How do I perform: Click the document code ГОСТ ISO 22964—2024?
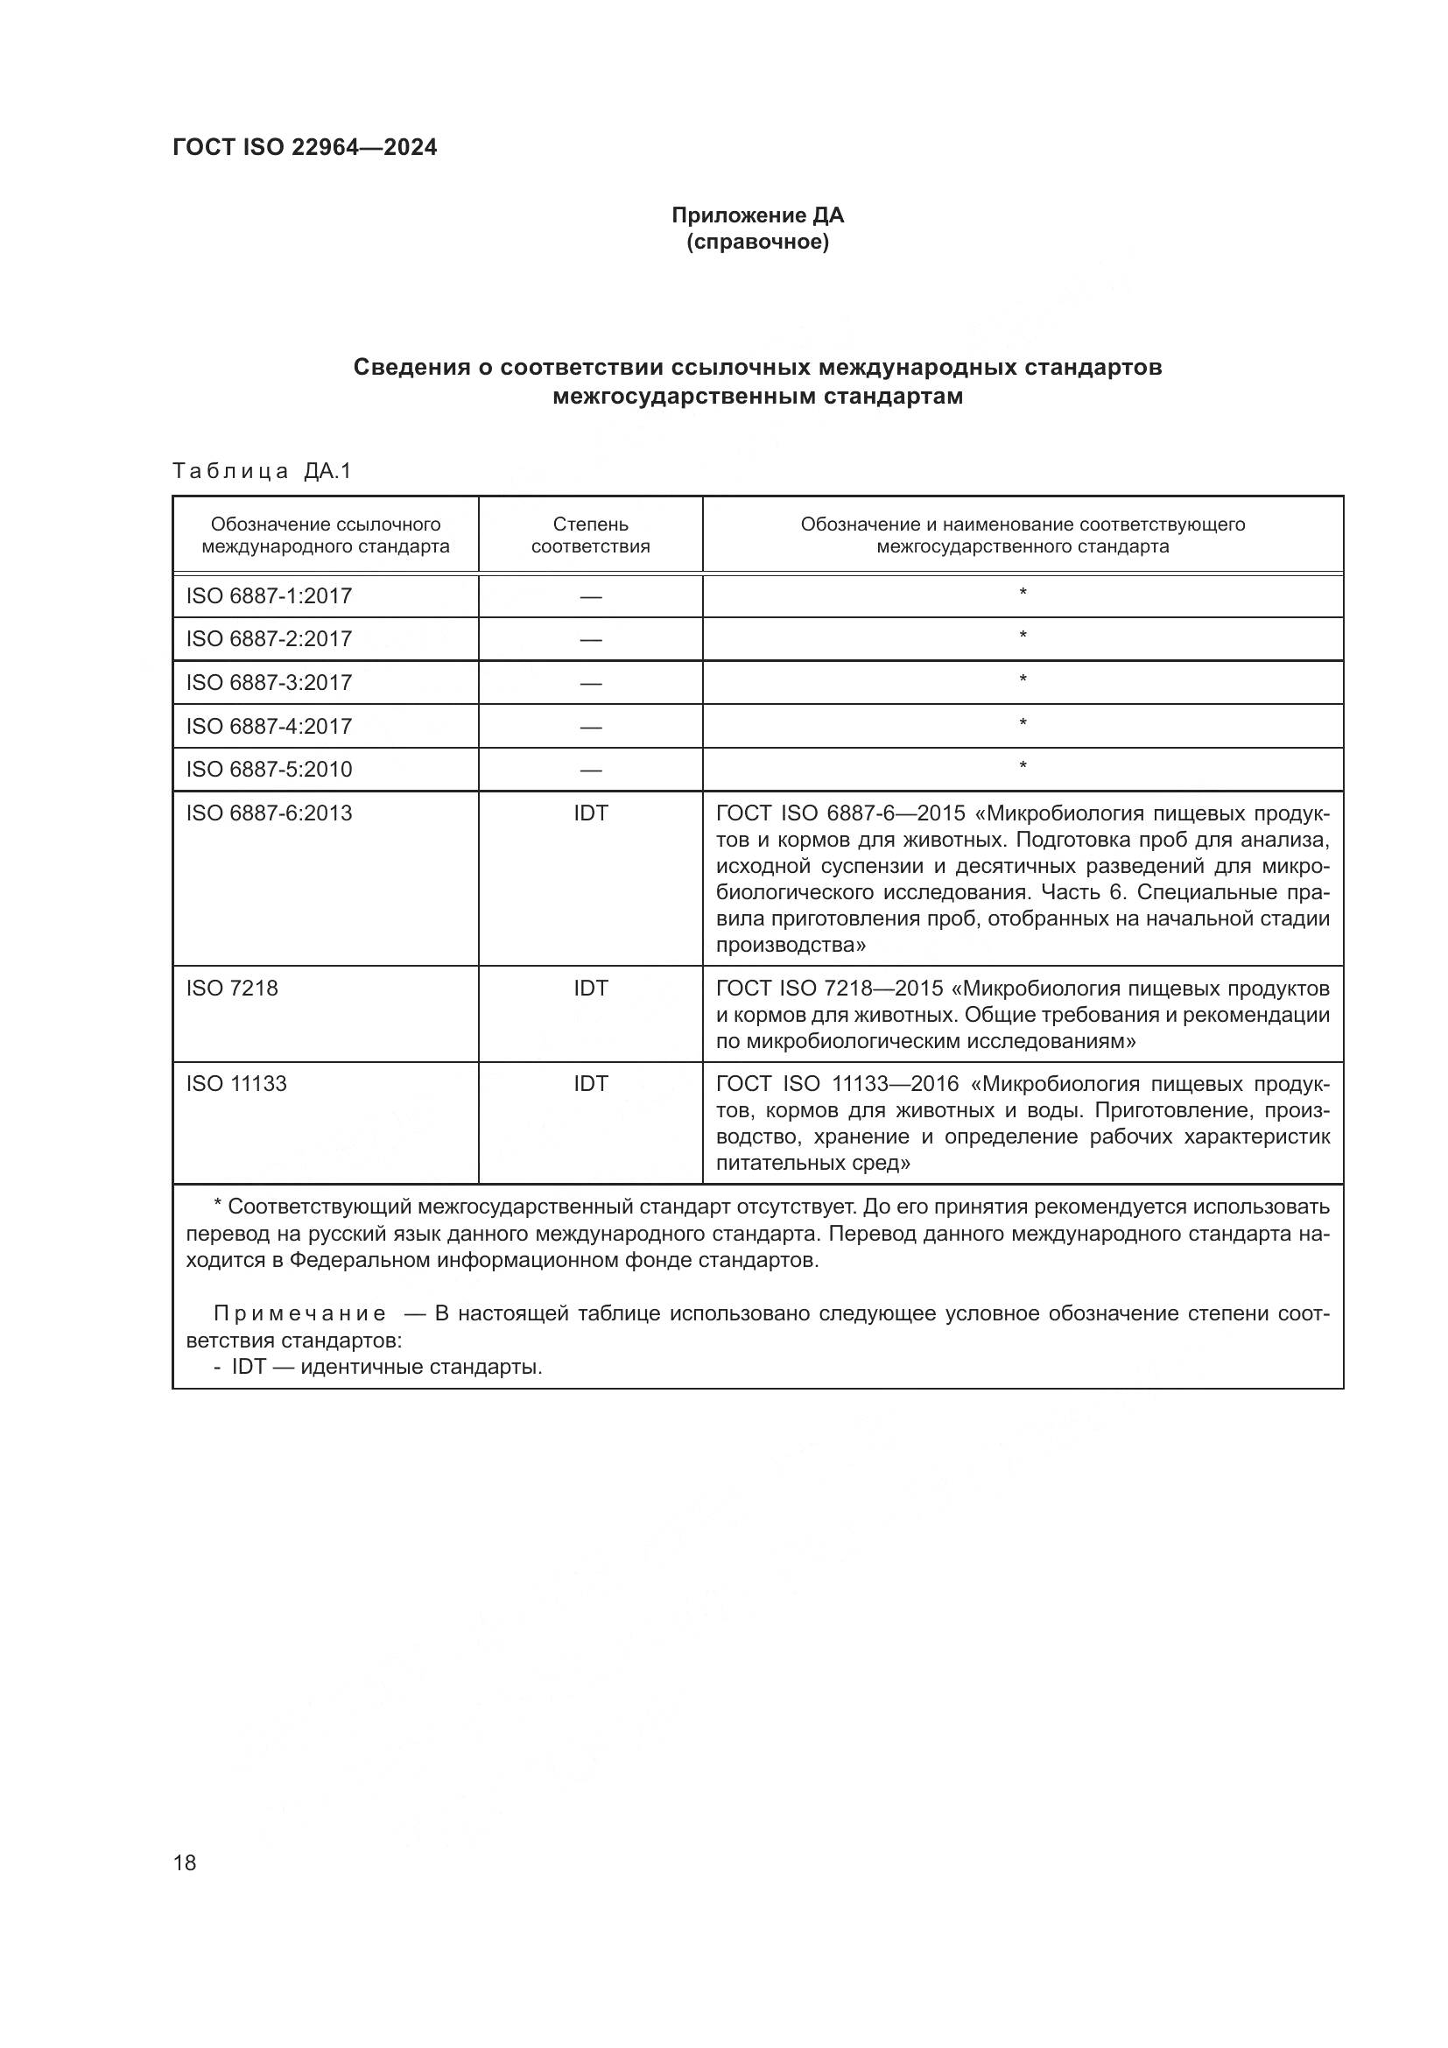(x=304, y=148)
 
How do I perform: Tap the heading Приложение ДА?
(x=757, y=215)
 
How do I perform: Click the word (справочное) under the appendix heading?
(x=757, y=242)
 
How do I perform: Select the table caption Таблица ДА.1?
(x=262, y=471)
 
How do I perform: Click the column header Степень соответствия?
(x=590, y=535)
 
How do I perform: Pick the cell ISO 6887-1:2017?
(x=269, y=596)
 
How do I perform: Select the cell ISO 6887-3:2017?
(x=269, y=682)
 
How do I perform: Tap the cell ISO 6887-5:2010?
(x=269, y=769)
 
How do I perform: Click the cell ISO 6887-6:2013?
(x=269, y=813)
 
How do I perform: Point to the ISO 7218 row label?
(x=232, y=988)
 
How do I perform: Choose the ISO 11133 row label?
(x=236, y=1084)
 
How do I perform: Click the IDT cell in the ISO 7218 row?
(x=590, y=988)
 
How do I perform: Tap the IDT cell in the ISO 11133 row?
(x=590, y=1084)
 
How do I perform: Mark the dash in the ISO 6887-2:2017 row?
(x=590, y=639)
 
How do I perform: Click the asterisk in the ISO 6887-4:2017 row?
(x=1023, y=723)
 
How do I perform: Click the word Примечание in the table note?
(x=299, y=1314)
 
